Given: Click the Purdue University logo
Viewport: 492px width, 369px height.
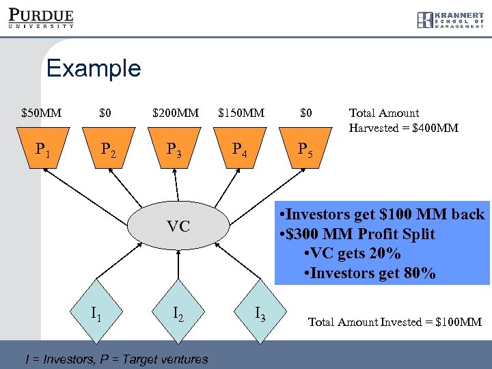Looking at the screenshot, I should coord(42,18).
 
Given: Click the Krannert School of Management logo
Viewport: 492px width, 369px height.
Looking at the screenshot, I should coord(450,20).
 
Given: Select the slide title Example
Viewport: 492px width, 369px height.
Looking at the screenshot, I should coord(94,68).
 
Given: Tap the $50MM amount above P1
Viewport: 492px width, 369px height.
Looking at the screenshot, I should coord(41,113).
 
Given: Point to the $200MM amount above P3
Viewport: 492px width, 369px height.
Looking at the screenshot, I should coord(176,113).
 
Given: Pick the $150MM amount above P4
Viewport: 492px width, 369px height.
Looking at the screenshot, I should coord(241,113).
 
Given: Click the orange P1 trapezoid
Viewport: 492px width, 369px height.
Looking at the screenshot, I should coord(42,150).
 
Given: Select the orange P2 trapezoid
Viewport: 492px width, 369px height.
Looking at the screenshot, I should coord(109,150).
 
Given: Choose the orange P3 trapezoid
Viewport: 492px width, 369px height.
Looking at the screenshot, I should coord(175,150).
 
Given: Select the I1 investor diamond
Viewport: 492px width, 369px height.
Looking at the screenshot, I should coord(98,313).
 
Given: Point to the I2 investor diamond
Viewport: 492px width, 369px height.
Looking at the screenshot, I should coord(178,313).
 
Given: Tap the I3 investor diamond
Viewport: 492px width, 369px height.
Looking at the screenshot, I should coord(260,313).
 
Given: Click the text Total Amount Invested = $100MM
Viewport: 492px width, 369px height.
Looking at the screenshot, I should coord(395,322).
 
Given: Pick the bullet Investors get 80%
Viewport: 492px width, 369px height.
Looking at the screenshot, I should coord(372,273).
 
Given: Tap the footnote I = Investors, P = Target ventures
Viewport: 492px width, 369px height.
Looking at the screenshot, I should coord(116,359).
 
